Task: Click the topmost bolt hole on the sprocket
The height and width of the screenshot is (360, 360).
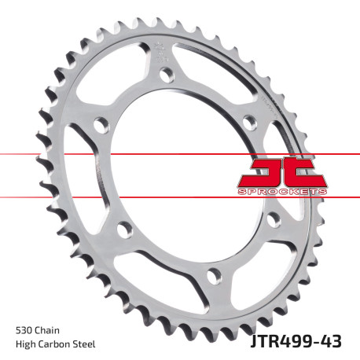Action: [x=167, y=75]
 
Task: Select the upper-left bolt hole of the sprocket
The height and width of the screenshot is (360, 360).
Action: [x=101, y=124]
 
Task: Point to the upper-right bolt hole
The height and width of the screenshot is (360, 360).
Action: [x=248, y=122]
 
